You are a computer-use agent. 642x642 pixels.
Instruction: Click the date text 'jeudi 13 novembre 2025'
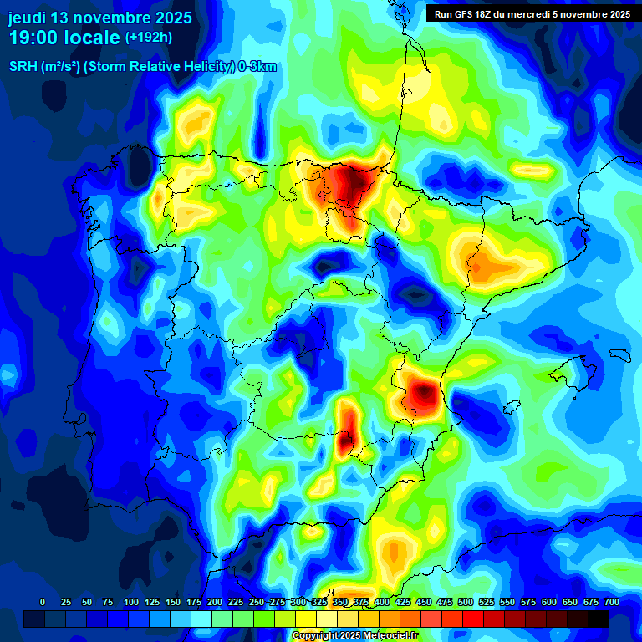tap(100, 18)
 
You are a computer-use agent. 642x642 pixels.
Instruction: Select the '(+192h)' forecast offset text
tap(148, 38)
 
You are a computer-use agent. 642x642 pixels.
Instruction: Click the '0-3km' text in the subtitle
tap(257, 67)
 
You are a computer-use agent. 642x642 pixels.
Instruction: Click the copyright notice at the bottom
tap(355, 636)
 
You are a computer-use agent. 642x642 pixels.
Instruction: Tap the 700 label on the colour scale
tap(610, 602)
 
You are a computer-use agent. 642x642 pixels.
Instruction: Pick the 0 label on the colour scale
tap(43, 602)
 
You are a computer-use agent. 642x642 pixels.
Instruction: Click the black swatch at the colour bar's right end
tap(599, 619)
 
